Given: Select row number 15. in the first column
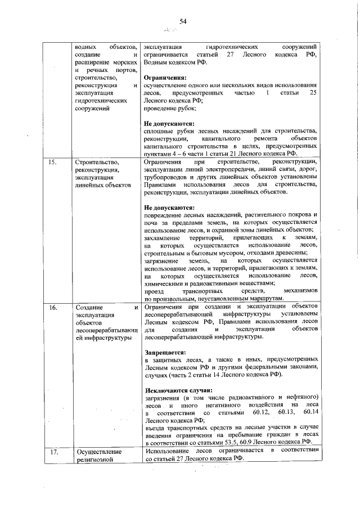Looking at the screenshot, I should pos(53,163).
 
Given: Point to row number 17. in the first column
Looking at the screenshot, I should pos(53,452).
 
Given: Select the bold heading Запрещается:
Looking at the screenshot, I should pos(165,353).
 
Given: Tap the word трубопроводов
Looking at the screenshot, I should pos(166,178).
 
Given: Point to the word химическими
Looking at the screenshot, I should pos(164,283).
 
